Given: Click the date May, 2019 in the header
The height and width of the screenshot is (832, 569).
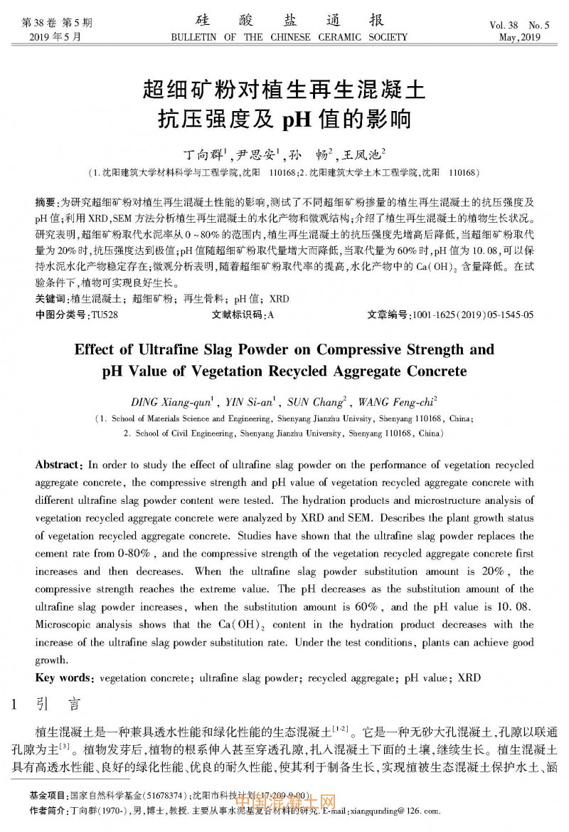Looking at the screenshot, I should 520,38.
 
